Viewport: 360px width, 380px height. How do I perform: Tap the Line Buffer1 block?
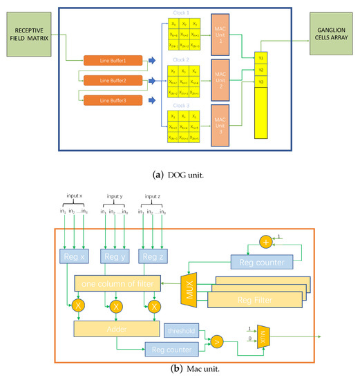(x=113, y=61)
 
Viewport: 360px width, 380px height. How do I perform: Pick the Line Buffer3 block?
(x=113, y=101)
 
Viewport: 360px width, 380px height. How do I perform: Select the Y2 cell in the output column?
(x=260, y=70)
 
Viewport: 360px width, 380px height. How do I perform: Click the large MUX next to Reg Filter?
(x=189, y=283)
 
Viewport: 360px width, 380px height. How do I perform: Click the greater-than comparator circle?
(x=219, y=340)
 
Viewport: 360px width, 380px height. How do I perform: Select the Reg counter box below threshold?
(x=169, y=349)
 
